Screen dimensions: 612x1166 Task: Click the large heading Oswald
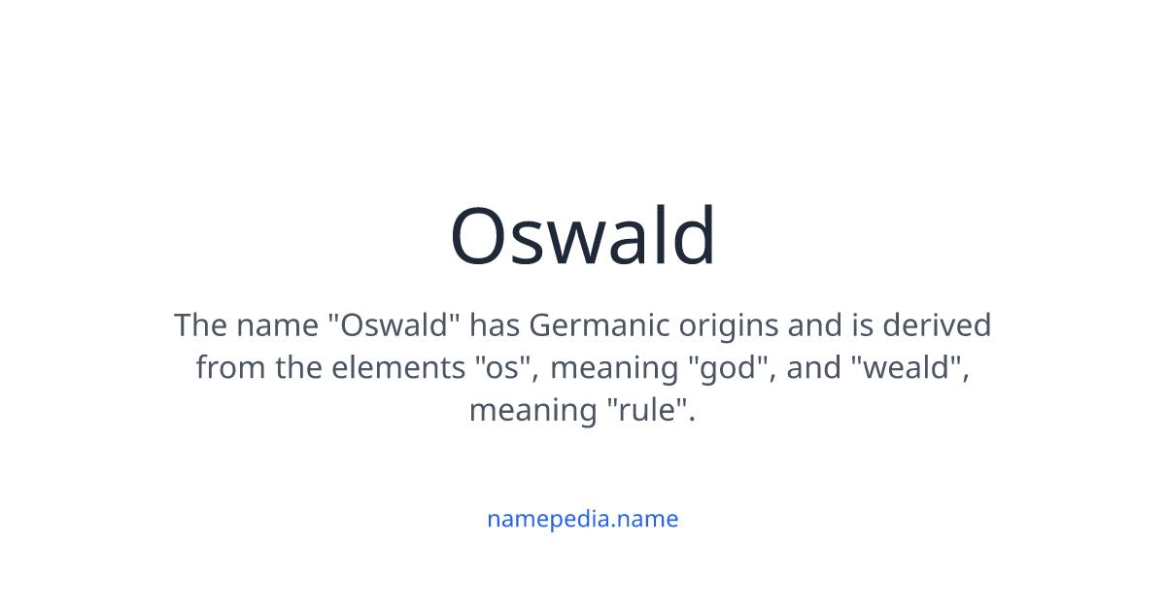[583, 236]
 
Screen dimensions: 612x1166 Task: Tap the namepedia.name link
[583, 519]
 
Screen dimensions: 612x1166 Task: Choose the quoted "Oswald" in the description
[393, 325]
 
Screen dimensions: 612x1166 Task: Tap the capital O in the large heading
[482, 236]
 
